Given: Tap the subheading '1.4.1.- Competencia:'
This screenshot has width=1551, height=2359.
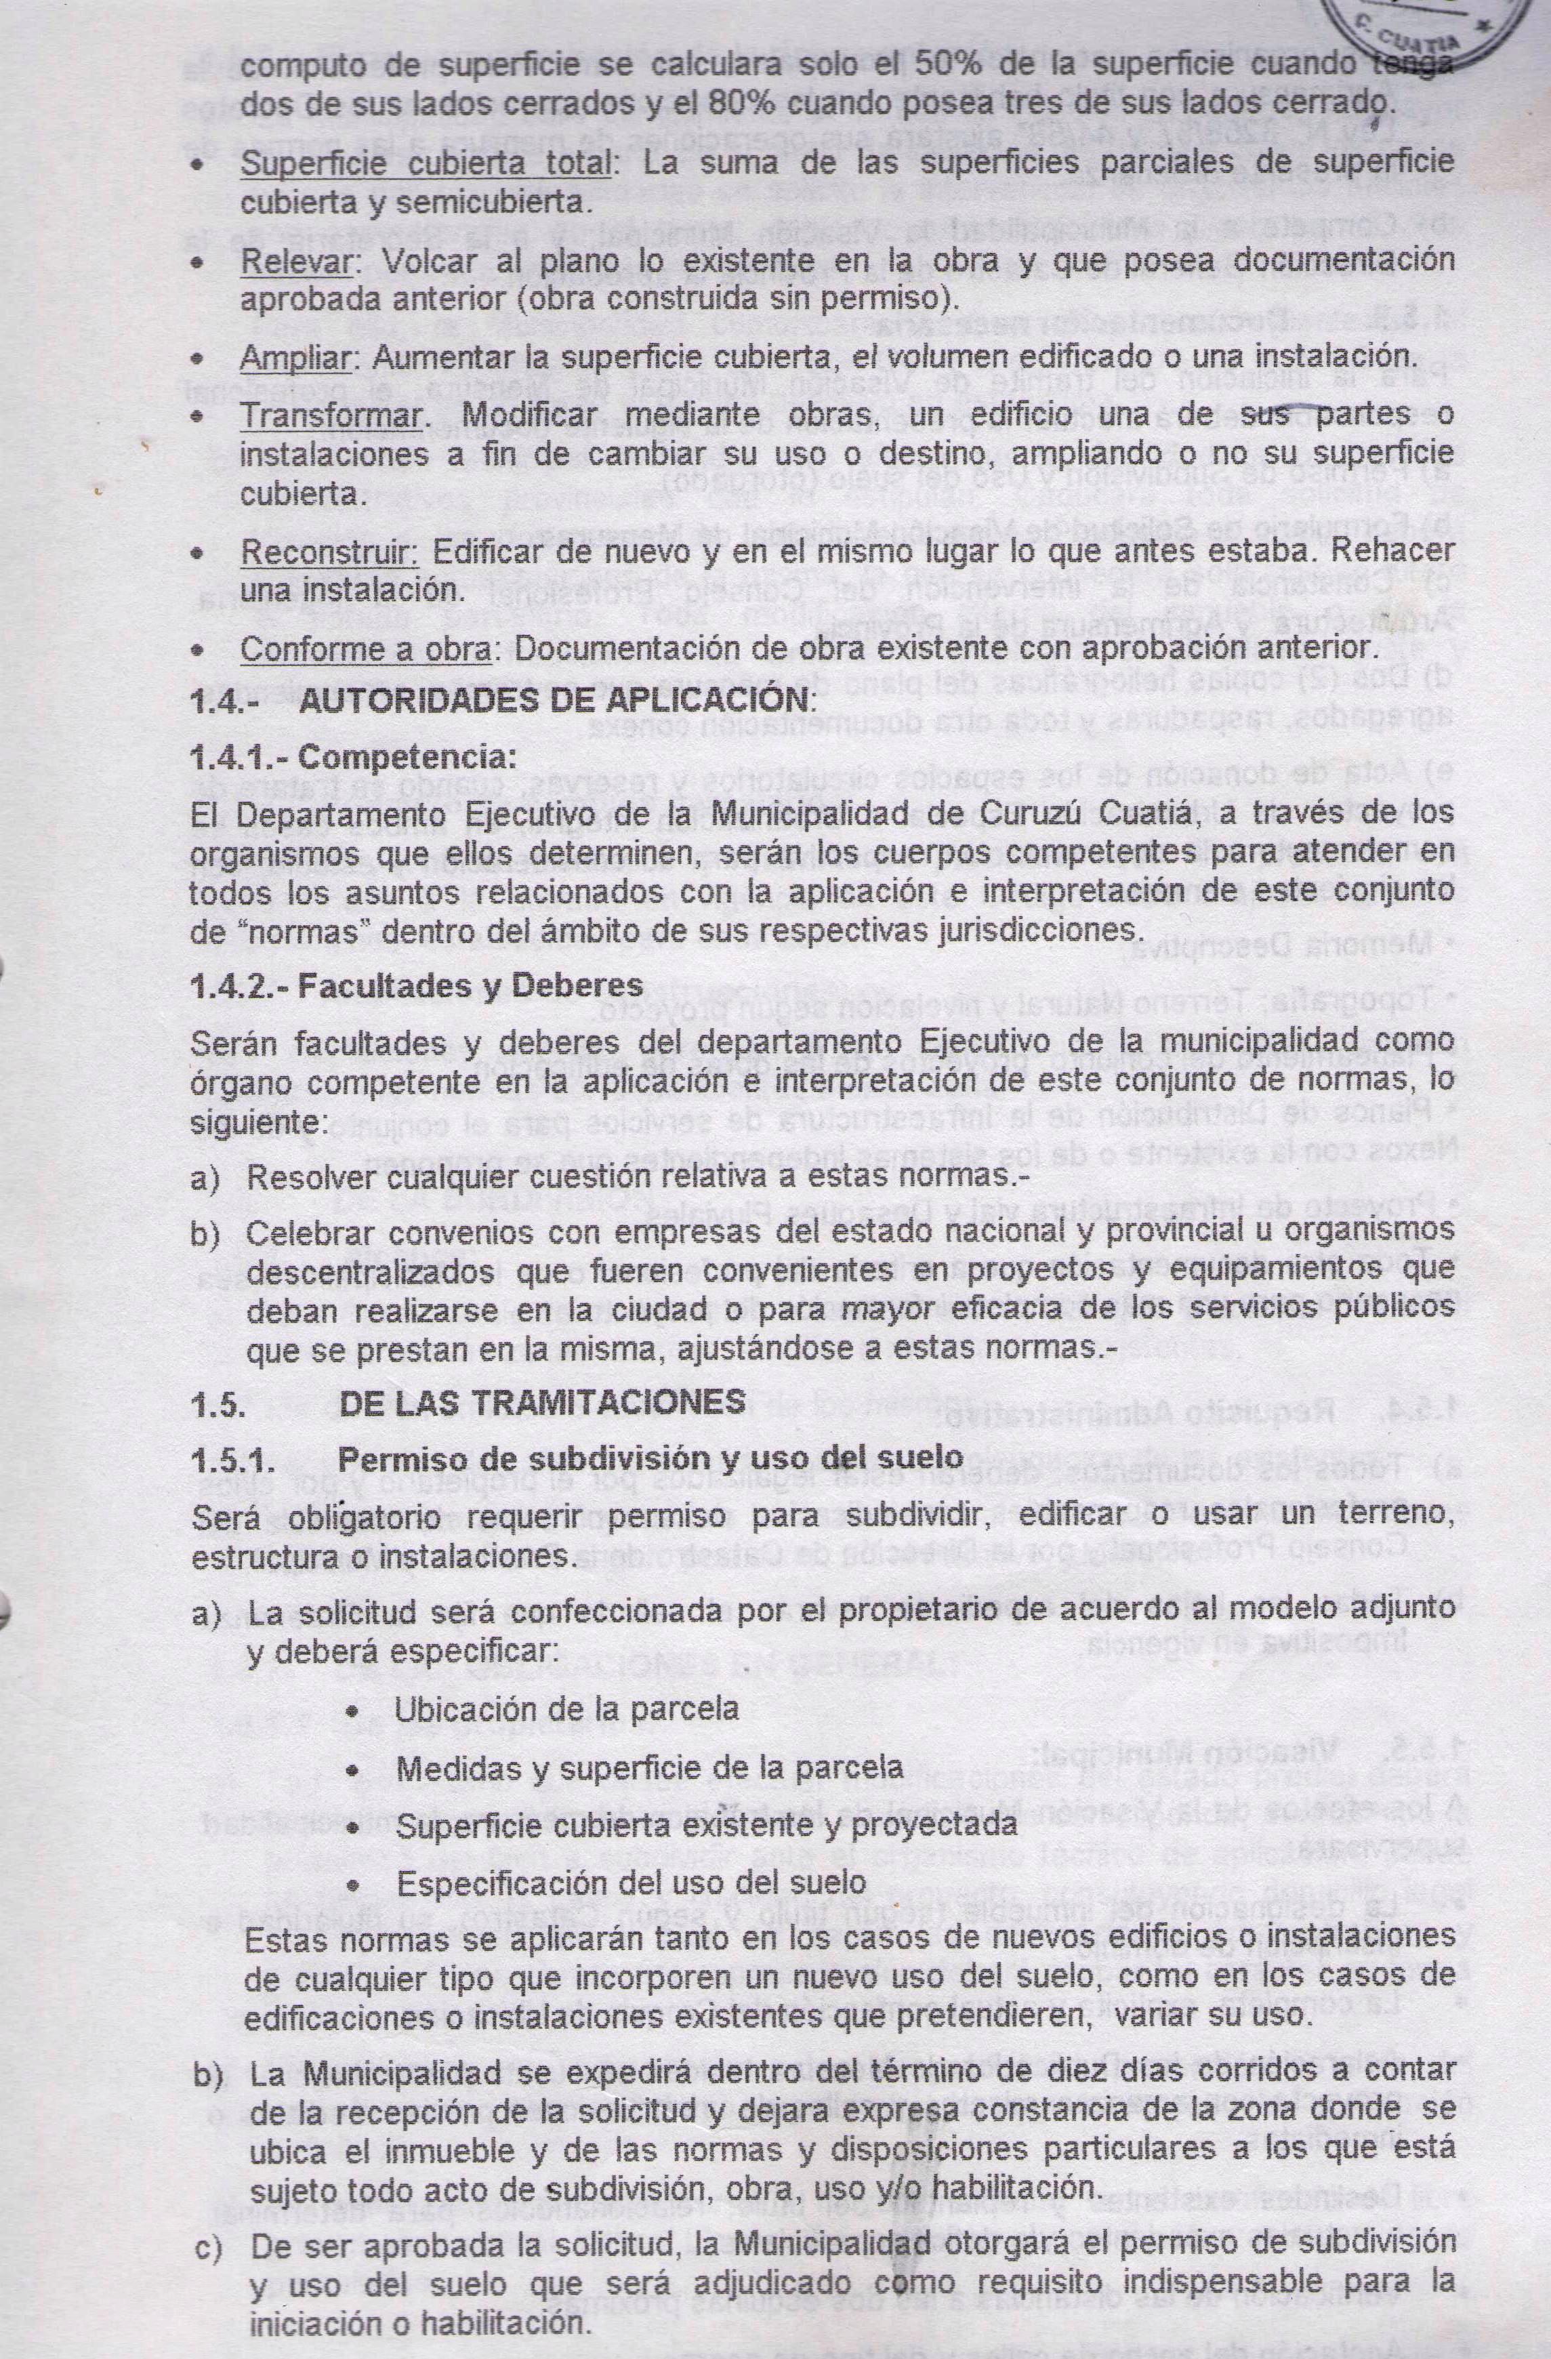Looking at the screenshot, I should (354, 758).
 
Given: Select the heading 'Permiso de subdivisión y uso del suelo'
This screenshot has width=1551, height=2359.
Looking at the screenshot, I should (649, 1458).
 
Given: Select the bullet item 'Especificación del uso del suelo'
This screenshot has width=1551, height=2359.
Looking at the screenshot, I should (632, 1882).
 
